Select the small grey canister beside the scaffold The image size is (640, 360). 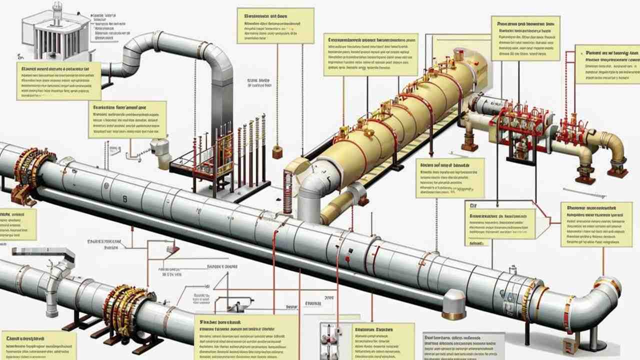(x=160, y=147)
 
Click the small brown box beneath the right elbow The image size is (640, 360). (x=570, y=345)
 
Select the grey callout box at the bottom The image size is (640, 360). (x=463, y=345)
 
